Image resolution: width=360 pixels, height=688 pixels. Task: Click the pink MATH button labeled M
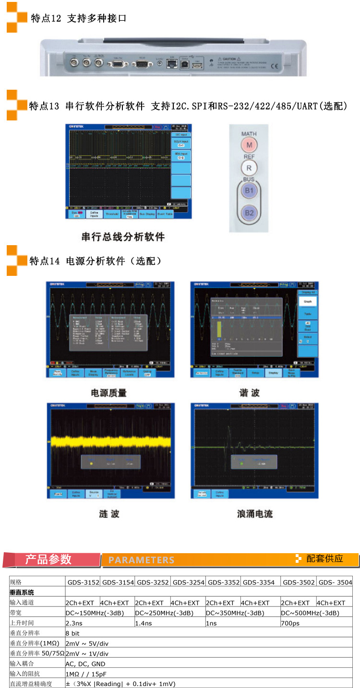pos(249,145)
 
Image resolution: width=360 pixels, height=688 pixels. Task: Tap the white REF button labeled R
pos(249,168)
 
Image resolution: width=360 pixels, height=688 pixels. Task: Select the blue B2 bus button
pos(249,213)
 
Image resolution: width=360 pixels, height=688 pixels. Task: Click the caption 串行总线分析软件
pos(123,237)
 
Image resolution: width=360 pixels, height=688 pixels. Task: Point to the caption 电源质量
pos(109,393)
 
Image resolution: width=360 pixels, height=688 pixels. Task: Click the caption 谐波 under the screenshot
pos(249,393)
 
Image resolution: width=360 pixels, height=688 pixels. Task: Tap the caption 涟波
pos(109,514)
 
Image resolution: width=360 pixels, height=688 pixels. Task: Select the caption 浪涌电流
pos(254,514)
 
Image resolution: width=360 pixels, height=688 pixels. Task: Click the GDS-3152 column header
pos(83,582)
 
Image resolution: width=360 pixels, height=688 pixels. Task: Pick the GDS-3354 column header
pos(259,582)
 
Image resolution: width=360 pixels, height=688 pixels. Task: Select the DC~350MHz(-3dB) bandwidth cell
pos(235,613)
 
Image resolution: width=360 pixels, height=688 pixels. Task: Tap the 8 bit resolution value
pos(72,633)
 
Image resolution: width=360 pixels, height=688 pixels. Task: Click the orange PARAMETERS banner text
pos(141,560)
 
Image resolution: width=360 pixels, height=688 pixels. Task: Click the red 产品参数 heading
pos(48,559)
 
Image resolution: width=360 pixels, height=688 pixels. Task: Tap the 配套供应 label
pos(324,558)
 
